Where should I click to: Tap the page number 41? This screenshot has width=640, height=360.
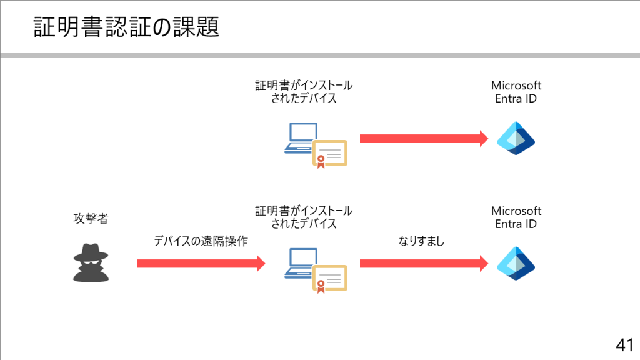(624, 344)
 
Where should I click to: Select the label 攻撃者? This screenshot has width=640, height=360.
(91, 219)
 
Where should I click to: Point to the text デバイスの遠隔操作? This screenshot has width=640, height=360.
(201, 241)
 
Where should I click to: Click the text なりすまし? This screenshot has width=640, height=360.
(422, 241)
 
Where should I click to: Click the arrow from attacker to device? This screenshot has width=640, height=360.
(201, 264)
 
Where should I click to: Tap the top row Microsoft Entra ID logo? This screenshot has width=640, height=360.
(516, 138)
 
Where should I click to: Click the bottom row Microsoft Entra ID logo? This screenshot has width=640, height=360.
(516, 264)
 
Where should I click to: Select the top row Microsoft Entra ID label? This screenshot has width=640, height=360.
(516, 92)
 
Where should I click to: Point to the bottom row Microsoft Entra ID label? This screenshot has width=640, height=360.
(516, 217)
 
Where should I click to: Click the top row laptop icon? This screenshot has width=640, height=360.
(299, 138)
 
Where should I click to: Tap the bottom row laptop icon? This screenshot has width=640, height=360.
(299, 263)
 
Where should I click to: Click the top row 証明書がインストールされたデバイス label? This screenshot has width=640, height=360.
(304, 92)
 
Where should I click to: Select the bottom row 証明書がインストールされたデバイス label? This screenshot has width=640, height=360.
(304, 217)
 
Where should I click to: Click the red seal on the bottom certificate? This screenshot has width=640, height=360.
(321, 284)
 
